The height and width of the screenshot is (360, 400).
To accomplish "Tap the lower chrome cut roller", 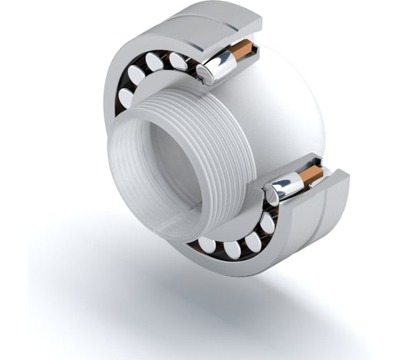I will [284, 188].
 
